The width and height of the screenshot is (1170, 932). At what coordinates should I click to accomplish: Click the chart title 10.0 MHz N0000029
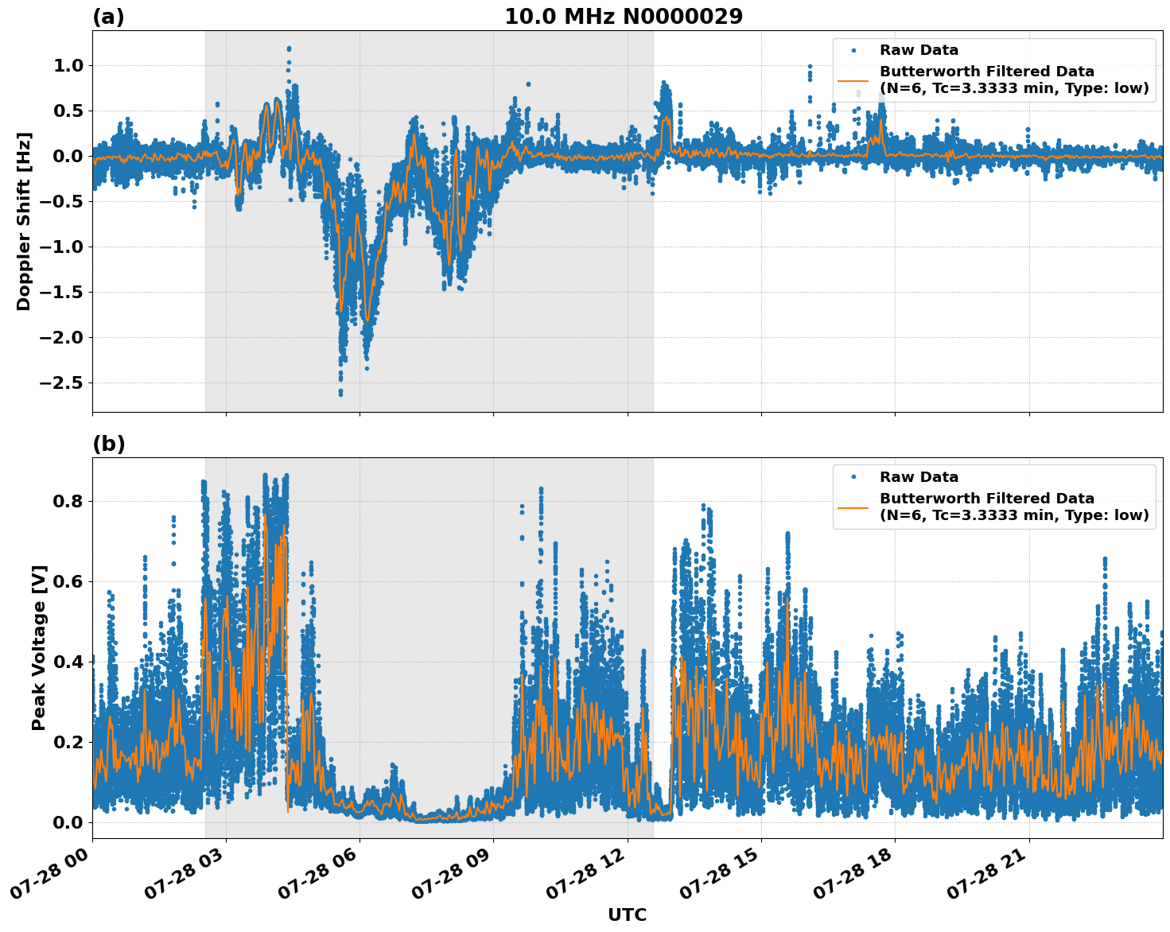(623, 17)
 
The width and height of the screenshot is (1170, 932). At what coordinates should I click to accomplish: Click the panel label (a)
(108, 17)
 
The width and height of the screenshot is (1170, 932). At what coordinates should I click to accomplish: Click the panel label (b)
(108, 444)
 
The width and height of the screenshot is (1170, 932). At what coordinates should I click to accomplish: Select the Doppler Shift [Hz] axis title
(24, 221)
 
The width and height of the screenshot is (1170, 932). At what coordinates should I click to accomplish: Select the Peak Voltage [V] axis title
(39, 647)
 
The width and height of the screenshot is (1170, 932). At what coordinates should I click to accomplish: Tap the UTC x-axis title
(627, 915)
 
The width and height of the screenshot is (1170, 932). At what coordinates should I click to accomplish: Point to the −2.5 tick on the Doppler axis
(60, 383)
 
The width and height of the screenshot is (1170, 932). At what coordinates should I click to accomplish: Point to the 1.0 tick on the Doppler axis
(68, 65)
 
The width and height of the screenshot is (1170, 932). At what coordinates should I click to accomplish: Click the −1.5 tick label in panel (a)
(60, 293)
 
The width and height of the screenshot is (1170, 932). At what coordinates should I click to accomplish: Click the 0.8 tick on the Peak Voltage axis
(68, 501)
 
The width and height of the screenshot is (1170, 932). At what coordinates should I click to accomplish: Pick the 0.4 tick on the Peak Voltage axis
(68, 662)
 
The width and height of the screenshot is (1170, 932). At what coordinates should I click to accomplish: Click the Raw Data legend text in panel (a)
(919, 50)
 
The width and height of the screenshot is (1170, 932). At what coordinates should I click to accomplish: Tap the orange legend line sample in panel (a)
(853, 80)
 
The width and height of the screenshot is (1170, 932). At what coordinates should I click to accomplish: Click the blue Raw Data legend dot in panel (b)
(853, 477)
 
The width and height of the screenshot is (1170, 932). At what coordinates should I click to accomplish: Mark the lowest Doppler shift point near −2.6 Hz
(340, 394)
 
